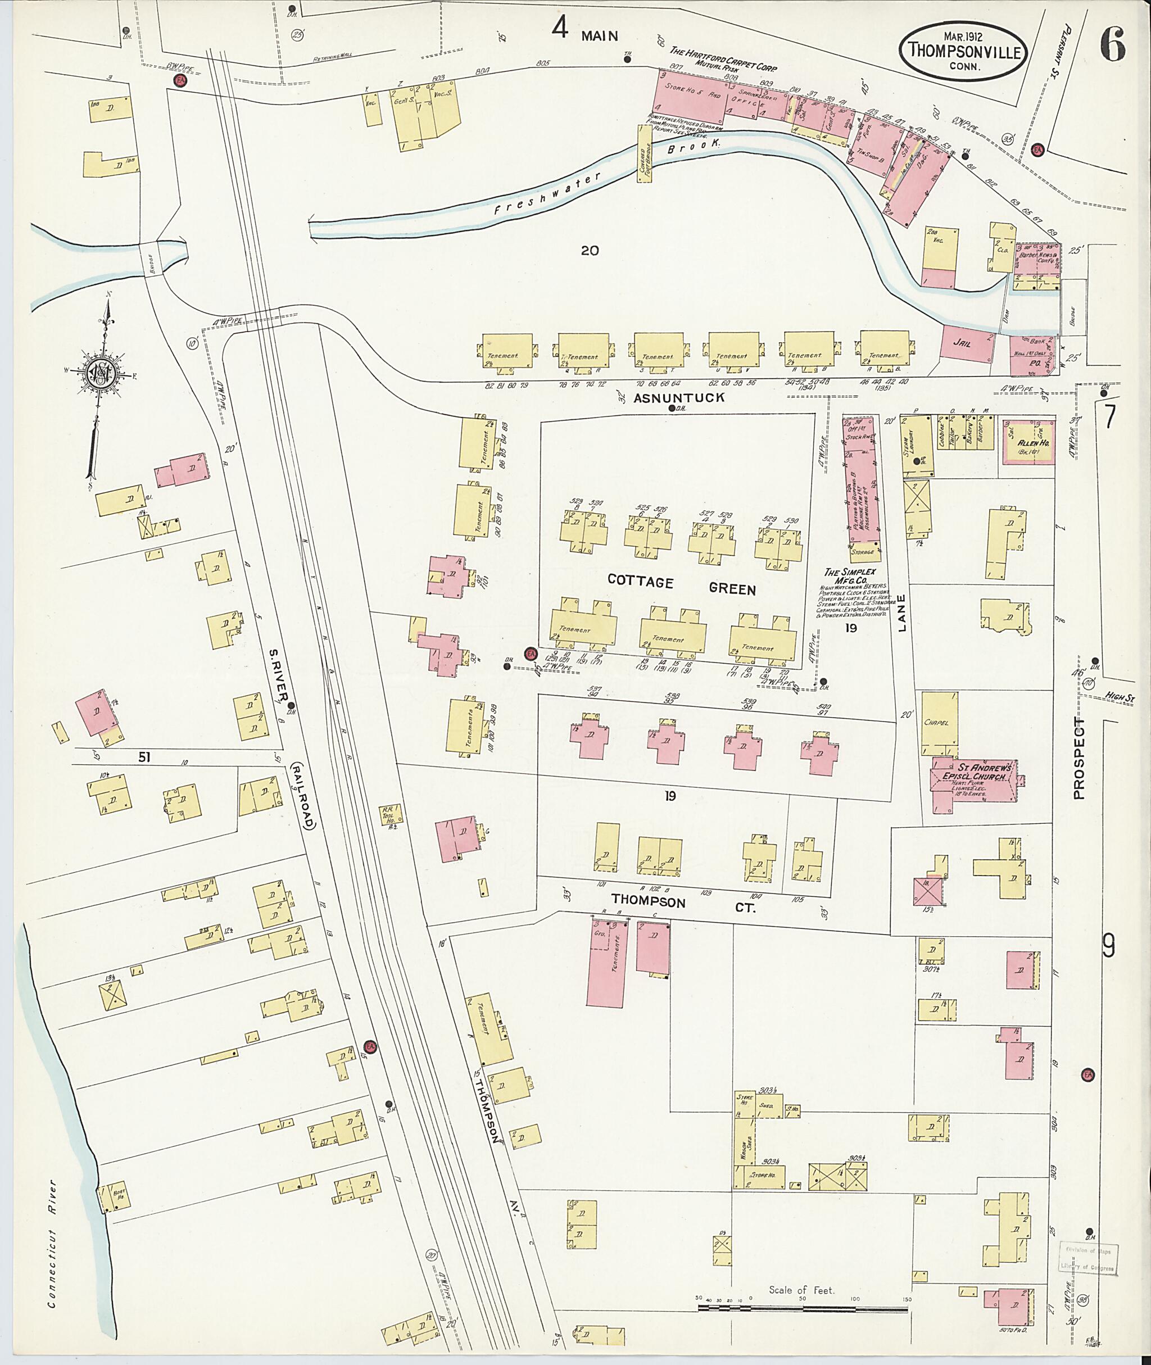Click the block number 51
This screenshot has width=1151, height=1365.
[x=146, y=757]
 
